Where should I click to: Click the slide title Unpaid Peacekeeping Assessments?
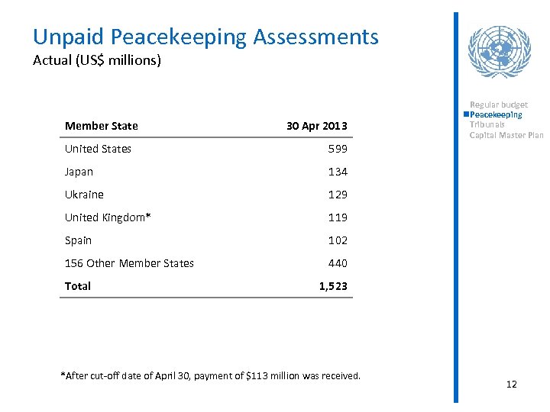click(x=205, y=37)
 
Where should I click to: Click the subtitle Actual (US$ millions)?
click(x=97, y=60)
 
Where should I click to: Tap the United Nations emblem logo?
click(x=499, y=51)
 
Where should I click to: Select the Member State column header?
click(x=102, y=126)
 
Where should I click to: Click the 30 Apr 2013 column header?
click(x=316, y=126)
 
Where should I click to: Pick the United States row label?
click(x=98, y=149)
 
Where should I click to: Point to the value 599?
click(x=338, y=149)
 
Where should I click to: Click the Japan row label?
click(x=78, y=172)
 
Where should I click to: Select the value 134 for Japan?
click(x=338, y=172)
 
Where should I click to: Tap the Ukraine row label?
click(x=84, y=195)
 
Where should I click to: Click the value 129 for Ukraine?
click(x=338, y=195)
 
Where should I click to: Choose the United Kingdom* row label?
click(x=108, y=217)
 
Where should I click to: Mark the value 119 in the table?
click(x=338, y=217)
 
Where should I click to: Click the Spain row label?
click(x=78, y=240)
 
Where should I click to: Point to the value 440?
click(x=338, y=263)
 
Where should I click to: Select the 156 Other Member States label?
click(x=129, y=263)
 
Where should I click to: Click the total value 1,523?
click(x=333, y=286)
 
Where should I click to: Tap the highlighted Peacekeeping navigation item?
click(x=496, y=114)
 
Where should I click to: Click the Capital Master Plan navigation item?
click(x=506, y=135)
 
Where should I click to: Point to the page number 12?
click(x=512, y=384)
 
